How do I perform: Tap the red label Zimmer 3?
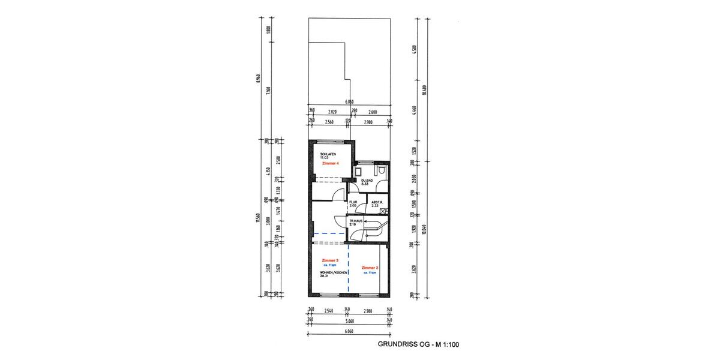point(330,260)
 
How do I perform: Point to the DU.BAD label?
point(367,180)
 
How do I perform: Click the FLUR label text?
point(353,202)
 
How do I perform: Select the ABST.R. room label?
point(377,202)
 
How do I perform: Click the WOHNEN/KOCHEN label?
point(332,273)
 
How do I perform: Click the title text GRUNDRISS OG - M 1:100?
point(418,344)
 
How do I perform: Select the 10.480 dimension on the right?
point(424,90)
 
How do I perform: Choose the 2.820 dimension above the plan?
point(331,111)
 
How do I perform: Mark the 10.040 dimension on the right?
point(424,229)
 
